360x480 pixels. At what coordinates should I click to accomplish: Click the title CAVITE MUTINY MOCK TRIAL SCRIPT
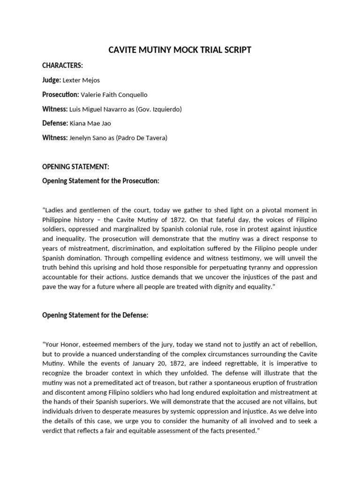[x=180, y=50]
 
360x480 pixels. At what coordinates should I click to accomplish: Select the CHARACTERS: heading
[x=62, y=66]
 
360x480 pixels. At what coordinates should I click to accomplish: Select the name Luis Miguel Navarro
[x=96, y=109]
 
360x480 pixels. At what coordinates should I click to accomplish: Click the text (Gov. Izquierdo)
[x=157, y=109]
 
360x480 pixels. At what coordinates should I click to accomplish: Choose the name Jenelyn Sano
[x=89, y=138]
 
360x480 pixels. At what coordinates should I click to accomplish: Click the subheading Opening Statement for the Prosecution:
[x=101, y=181]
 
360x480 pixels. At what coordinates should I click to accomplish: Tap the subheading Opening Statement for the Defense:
[x=95, y=315]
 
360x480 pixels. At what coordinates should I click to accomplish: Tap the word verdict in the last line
[x=52, y=431]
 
